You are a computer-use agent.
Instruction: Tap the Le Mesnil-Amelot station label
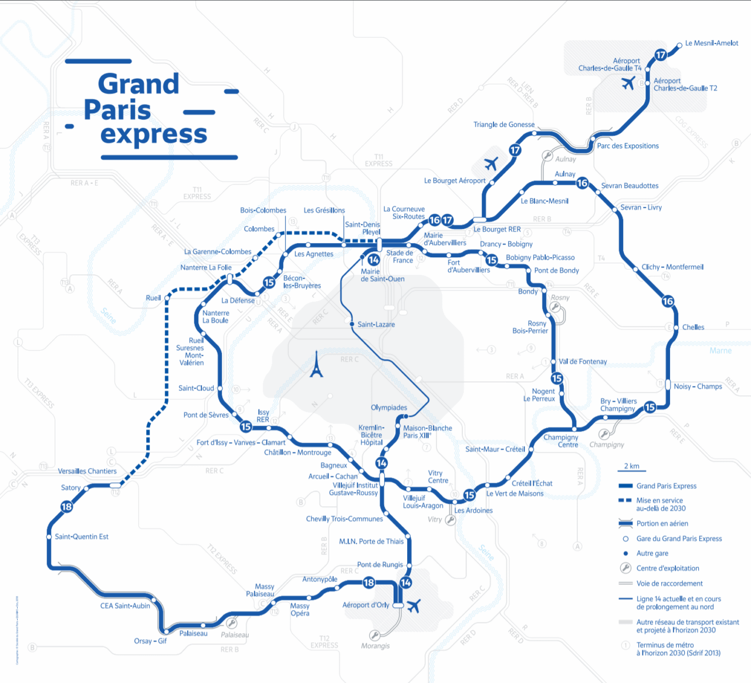tap(711, 43)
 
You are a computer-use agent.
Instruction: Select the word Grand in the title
tap(138, 84)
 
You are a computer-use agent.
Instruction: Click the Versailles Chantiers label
tap(87, 471)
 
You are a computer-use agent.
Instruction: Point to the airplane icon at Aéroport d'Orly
tap(414, 605)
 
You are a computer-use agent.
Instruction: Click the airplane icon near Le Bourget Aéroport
tap(490, 163)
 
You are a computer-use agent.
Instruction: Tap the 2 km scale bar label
tap(632, 466)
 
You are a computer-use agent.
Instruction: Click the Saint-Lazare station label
tap(376, 324)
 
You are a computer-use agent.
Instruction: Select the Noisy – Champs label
tap(698, 386)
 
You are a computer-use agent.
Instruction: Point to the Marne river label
tap(720, 351)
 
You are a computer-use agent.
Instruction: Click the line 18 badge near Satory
tap(67, 507)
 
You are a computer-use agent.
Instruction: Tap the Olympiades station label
tap(388, 408)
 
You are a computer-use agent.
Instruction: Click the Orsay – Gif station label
tap(150, 641)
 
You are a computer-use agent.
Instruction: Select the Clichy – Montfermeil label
tap(672, 267)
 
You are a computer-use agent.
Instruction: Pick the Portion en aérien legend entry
tap(662, 523)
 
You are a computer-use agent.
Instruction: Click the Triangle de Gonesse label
tap(504, 125)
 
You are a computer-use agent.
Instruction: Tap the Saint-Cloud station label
tap(196, 388)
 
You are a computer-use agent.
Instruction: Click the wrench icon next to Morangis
tap(374, 635)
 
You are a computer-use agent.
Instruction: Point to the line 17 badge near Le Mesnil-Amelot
tap(661, 55)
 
